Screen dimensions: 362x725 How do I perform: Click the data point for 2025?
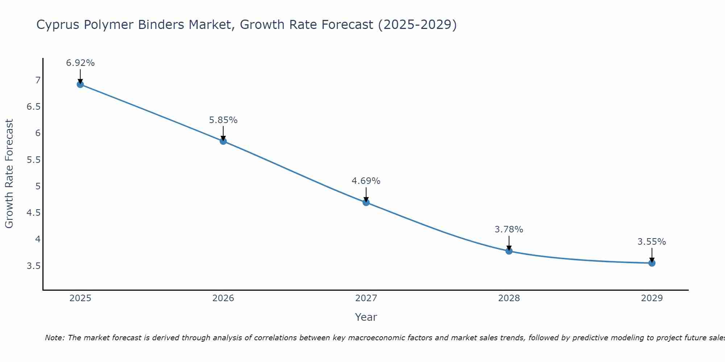(80, 84)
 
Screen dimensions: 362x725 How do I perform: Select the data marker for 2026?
(223, 141)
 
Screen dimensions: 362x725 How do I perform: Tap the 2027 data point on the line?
(366, 202)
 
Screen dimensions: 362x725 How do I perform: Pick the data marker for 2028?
(509, 251)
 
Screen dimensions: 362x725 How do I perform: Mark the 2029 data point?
(652, 263)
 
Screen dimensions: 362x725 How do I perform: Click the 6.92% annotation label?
(80, 63)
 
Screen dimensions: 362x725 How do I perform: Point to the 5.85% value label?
(223, 120)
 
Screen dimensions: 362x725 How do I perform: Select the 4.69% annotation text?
(366, 181)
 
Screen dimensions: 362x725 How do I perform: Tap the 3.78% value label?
(509, 230)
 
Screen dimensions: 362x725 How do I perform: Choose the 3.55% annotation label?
(652, 242)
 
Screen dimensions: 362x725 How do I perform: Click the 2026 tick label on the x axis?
(223, 298)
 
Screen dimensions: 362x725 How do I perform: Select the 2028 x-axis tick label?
(509, 298)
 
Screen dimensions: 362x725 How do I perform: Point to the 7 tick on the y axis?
(38, 80)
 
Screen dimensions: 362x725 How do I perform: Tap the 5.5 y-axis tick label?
(33, 160)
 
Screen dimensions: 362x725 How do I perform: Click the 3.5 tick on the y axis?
(33, 266)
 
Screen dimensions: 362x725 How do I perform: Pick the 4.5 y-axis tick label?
(33, 213)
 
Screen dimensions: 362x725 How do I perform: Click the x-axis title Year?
(366, 317)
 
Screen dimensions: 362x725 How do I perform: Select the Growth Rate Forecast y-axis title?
(9, 174)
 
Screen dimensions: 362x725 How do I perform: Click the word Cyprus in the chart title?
(58, 25)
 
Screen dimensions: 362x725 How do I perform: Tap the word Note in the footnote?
(54, 338)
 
